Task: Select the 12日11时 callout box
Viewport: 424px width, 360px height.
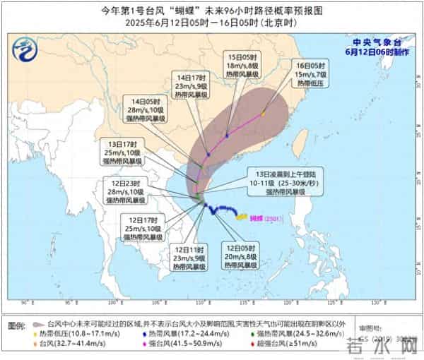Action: (190, 258)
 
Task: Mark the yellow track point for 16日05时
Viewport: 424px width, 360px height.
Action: (263, 113)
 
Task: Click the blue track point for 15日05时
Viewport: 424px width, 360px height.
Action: (227, 135)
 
